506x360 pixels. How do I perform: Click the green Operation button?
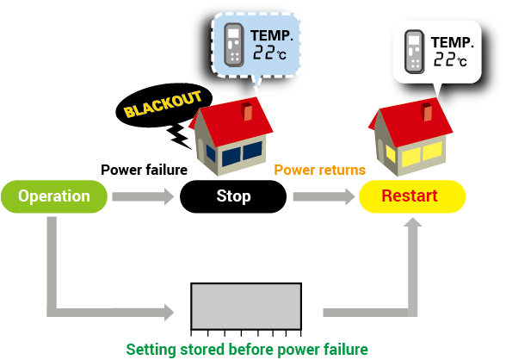[x=54, y=196]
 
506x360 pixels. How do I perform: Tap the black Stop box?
[x=233, y=196]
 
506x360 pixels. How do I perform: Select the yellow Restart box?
[x=412, y=196]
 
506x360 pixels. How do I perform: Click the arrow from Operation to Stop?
[x=143, y=196]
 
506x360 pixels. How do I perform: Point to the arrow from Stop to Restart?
[x=324, y=196]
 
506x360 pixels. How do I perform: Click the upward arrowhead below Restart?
[x=413, y=222]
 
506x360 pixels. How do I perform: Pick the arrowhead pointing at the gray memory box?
[x=169, y=313]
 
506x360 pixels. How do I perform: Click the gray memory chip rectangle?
[x=246, y=306]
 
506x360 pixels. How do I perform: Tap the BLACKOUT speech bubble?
[x=164, y=105]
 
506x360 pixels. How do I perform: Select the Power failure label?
[x=144, y=170]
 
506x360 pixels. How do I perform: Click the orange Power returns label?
[x=320, y=170]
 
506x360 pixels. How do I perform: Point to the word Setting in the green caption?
[x=151, y=350]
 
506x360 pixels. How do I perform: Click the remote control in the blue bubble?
[x=234, y=45]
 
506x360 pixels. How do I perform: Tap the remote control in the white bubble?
[x=415, y=52]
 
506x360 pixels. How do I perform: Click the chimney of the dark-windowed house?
[x=247, y=111]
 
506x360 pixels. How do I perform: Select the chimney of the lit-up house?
[x=427, y=112]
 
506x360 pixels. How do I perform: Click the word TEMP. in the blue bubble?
[x=272, y=35]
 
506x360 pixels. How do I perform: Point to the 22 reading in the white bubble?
[x=443, y=59]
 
